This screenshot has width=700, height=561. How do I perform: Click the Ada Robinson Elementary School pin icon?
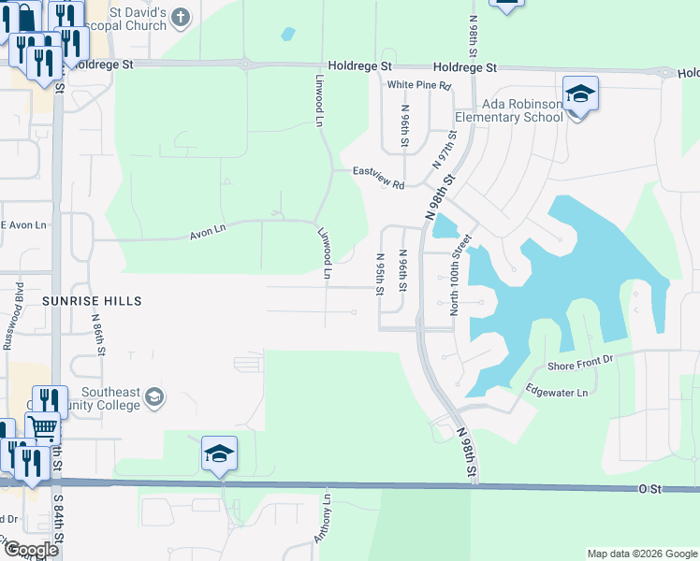(x=580, y=94)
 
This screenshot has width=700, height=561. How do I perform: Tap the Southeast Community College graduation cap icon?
(x=154, y=398)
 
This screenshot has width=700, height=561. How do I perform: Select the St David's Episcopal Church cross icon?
(x=181, y=16)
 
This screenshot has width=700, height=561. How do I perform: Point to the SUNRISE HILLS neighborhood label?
(x=92, y=301)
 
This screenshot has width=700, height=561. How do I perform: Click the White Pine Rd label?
(x=419, y=85)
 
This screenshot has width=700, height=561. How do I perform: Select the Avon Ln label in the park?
(x=208, y=228)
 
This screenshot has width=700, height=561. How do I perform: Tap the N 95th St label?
(x=380, y=274)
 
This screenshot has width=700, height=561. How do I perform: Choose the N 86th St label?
(x=97, y=330)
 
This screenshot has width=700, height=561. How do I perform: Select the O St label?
(x=649, y=488)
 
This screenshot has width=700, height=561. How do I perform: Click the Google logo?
(x=31, y=550)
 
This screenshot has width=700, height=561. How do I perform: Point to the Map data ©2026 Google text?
(x=641, y=554)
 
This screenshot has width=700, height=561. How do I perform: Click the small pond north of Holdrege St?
(x=287, y=35)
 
